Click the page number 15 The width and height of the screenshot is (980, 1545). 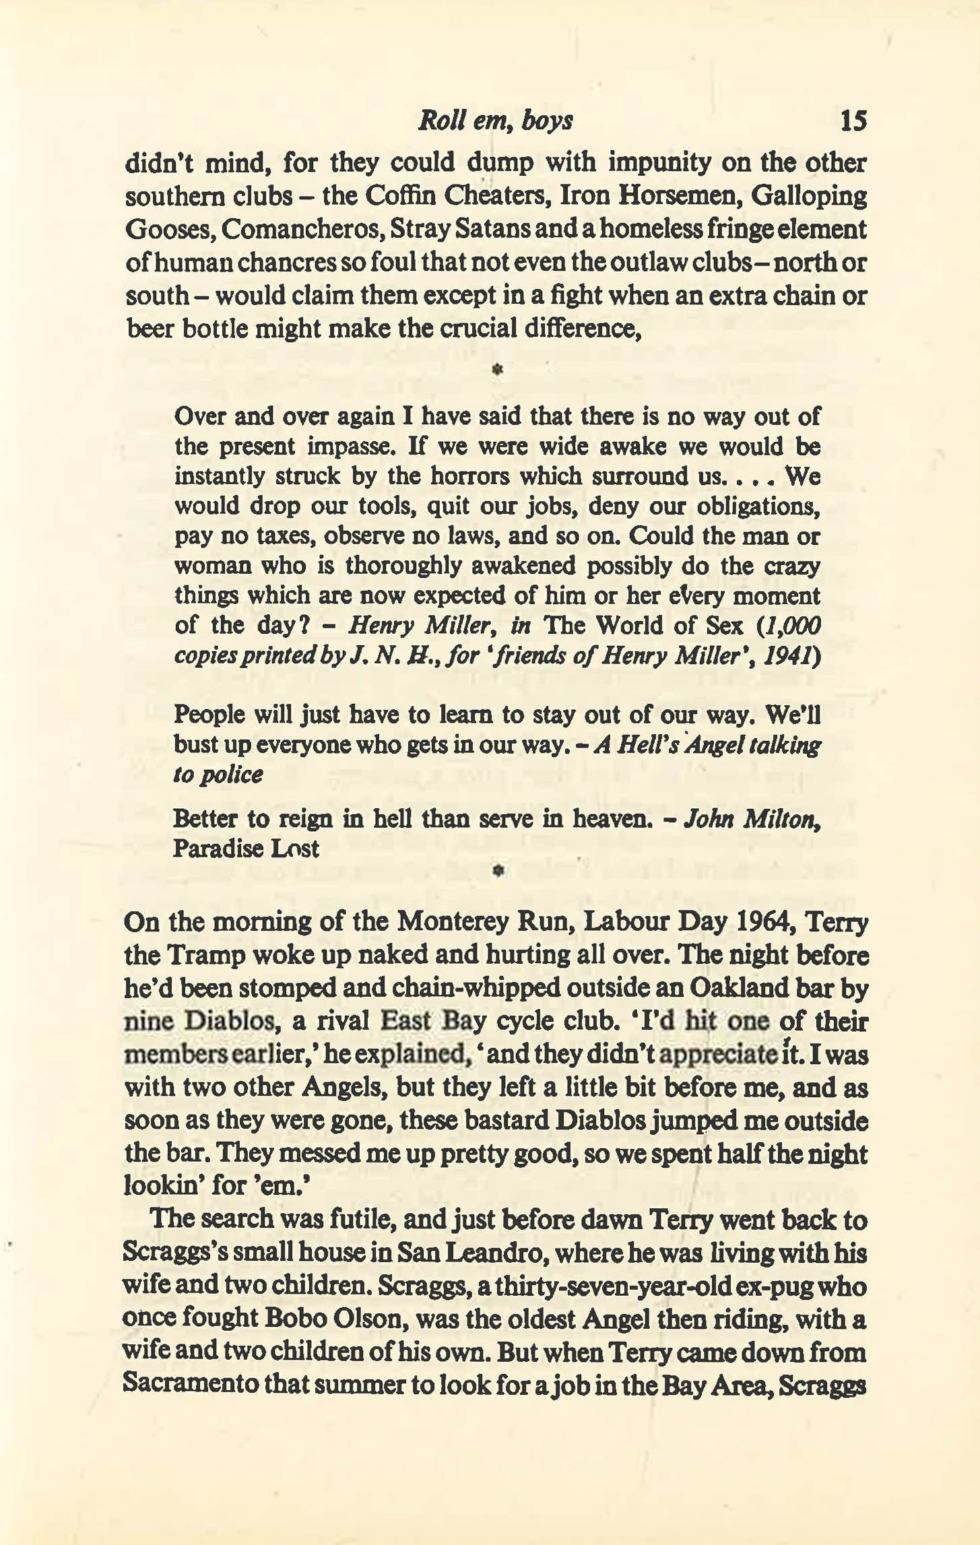[853, 121]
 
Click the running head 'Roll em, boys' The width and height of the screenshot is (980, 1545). [495, 121]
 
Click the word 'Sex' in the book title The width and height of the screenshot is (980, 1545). [724, 626]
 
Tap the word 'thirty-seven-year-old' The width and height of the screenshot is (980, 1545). [612, 1286]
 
